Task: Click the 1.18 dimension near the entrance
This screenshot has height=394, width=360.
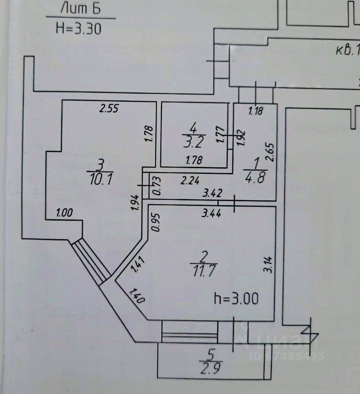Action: [x=256, y=111]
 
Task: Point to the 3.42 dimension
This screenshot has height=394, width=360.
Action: [x=212, y=192]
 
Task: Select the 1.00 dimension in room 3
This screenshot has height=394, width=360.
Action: [x=64, y=212]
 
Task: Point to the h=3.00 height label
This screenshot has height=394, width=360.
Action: [x=236, y=299]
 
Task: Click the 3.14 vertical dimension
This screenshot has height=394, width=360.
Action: [x=267, y=264]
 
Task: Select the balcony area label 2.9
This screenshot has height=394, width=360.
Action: [x=210, y=367]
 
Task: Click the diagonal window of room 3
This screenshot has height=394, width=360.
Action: [x=91, y=261]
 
